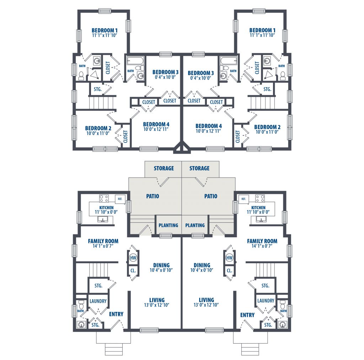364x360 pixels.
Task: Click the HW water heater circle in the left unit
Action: coord(133,257)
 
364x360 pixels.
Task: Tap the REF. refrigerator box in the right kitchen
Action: coord(244,199)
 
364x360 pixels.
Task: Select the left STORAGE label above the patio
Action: coord(164,168)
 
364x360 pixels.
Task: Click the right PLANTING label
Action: coord(195,225)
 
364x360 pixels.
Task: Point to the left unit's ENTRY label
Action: coord(116,314)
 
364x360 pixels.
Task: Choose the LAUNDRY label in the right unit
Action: coord(266,301)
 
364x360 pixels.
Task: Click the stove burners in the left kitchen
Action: coord(104,198)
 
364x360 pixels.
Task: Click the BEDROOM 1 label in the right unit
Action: coord(262,30)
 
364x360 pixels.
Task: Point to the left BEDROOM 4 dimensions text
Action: coord(156,129)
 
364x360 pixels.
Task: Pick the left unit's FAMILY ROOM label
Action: coord(103,241)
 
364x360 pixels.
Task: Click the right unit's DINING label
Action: coord(202,265)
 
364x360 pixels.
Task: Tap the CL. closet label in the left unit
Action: coord(133,271)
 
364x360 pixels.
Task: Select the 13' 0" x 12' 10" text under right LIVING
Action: coord(206,305)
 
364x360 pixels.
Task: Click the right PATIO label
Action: coord(211,196)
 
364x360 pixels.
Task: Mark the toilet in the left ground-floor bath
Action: coord(81,305)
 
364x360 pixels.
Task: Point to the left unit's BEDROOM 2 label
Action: coord(98,128)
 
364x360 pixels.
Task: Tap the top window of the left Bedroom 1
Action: coord(105,11)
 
